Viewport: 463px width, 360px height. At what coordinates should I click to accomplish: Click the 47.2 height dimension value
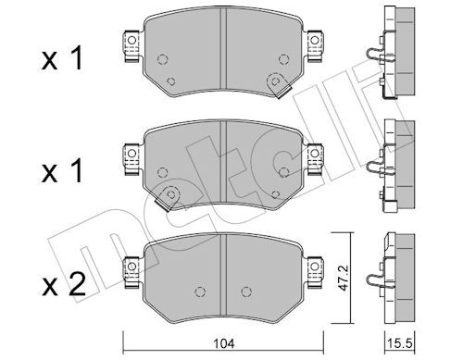(343, 278)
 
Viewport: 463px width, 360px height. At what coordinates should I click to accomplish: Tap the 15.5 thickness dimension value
(400, 343)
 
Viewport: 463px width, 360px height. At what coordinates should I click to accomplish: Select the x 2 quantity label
(64, 286)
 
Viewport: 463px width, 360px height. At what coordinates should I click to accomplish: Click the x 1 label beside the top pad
(62, 58)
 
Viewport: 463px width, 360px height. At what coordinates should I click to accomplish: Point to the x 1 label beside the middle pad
(62, 170)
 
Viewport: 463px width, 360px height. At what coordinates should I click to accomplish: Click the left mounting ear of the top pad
(131, 45)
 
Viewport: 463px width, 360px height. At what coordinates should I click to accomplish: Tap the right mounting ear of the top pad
(314, 45)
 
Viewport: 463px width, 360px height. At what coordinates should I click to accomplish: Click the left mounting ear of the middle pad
(131, 159)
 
